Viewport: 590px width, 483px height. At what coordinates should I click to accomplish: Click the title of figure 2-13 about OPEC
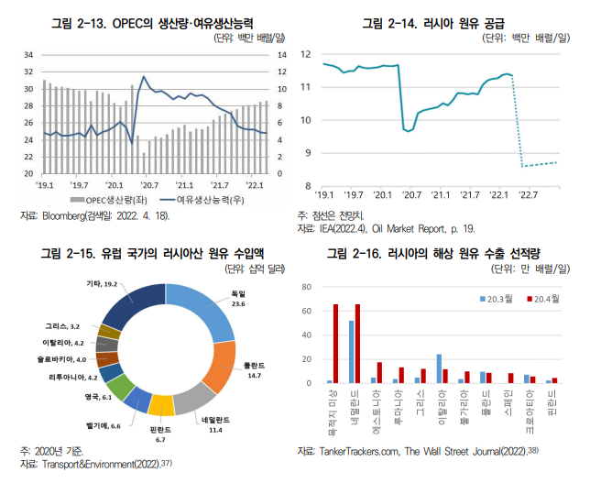pyautogui.click(x=152, y=21)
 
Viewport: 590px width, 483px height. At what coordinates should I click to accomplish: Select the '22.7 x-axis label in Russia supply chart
pyautogui.click(x=529, y=195)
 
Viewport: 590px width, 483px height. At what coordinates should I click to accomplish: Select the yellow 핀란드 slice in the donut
pyautogui.click(x=161, y=403)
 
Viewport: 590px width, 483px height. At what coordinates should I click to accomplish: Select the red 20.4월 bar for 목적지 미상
pyautogui.click(x=335, y=344)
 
